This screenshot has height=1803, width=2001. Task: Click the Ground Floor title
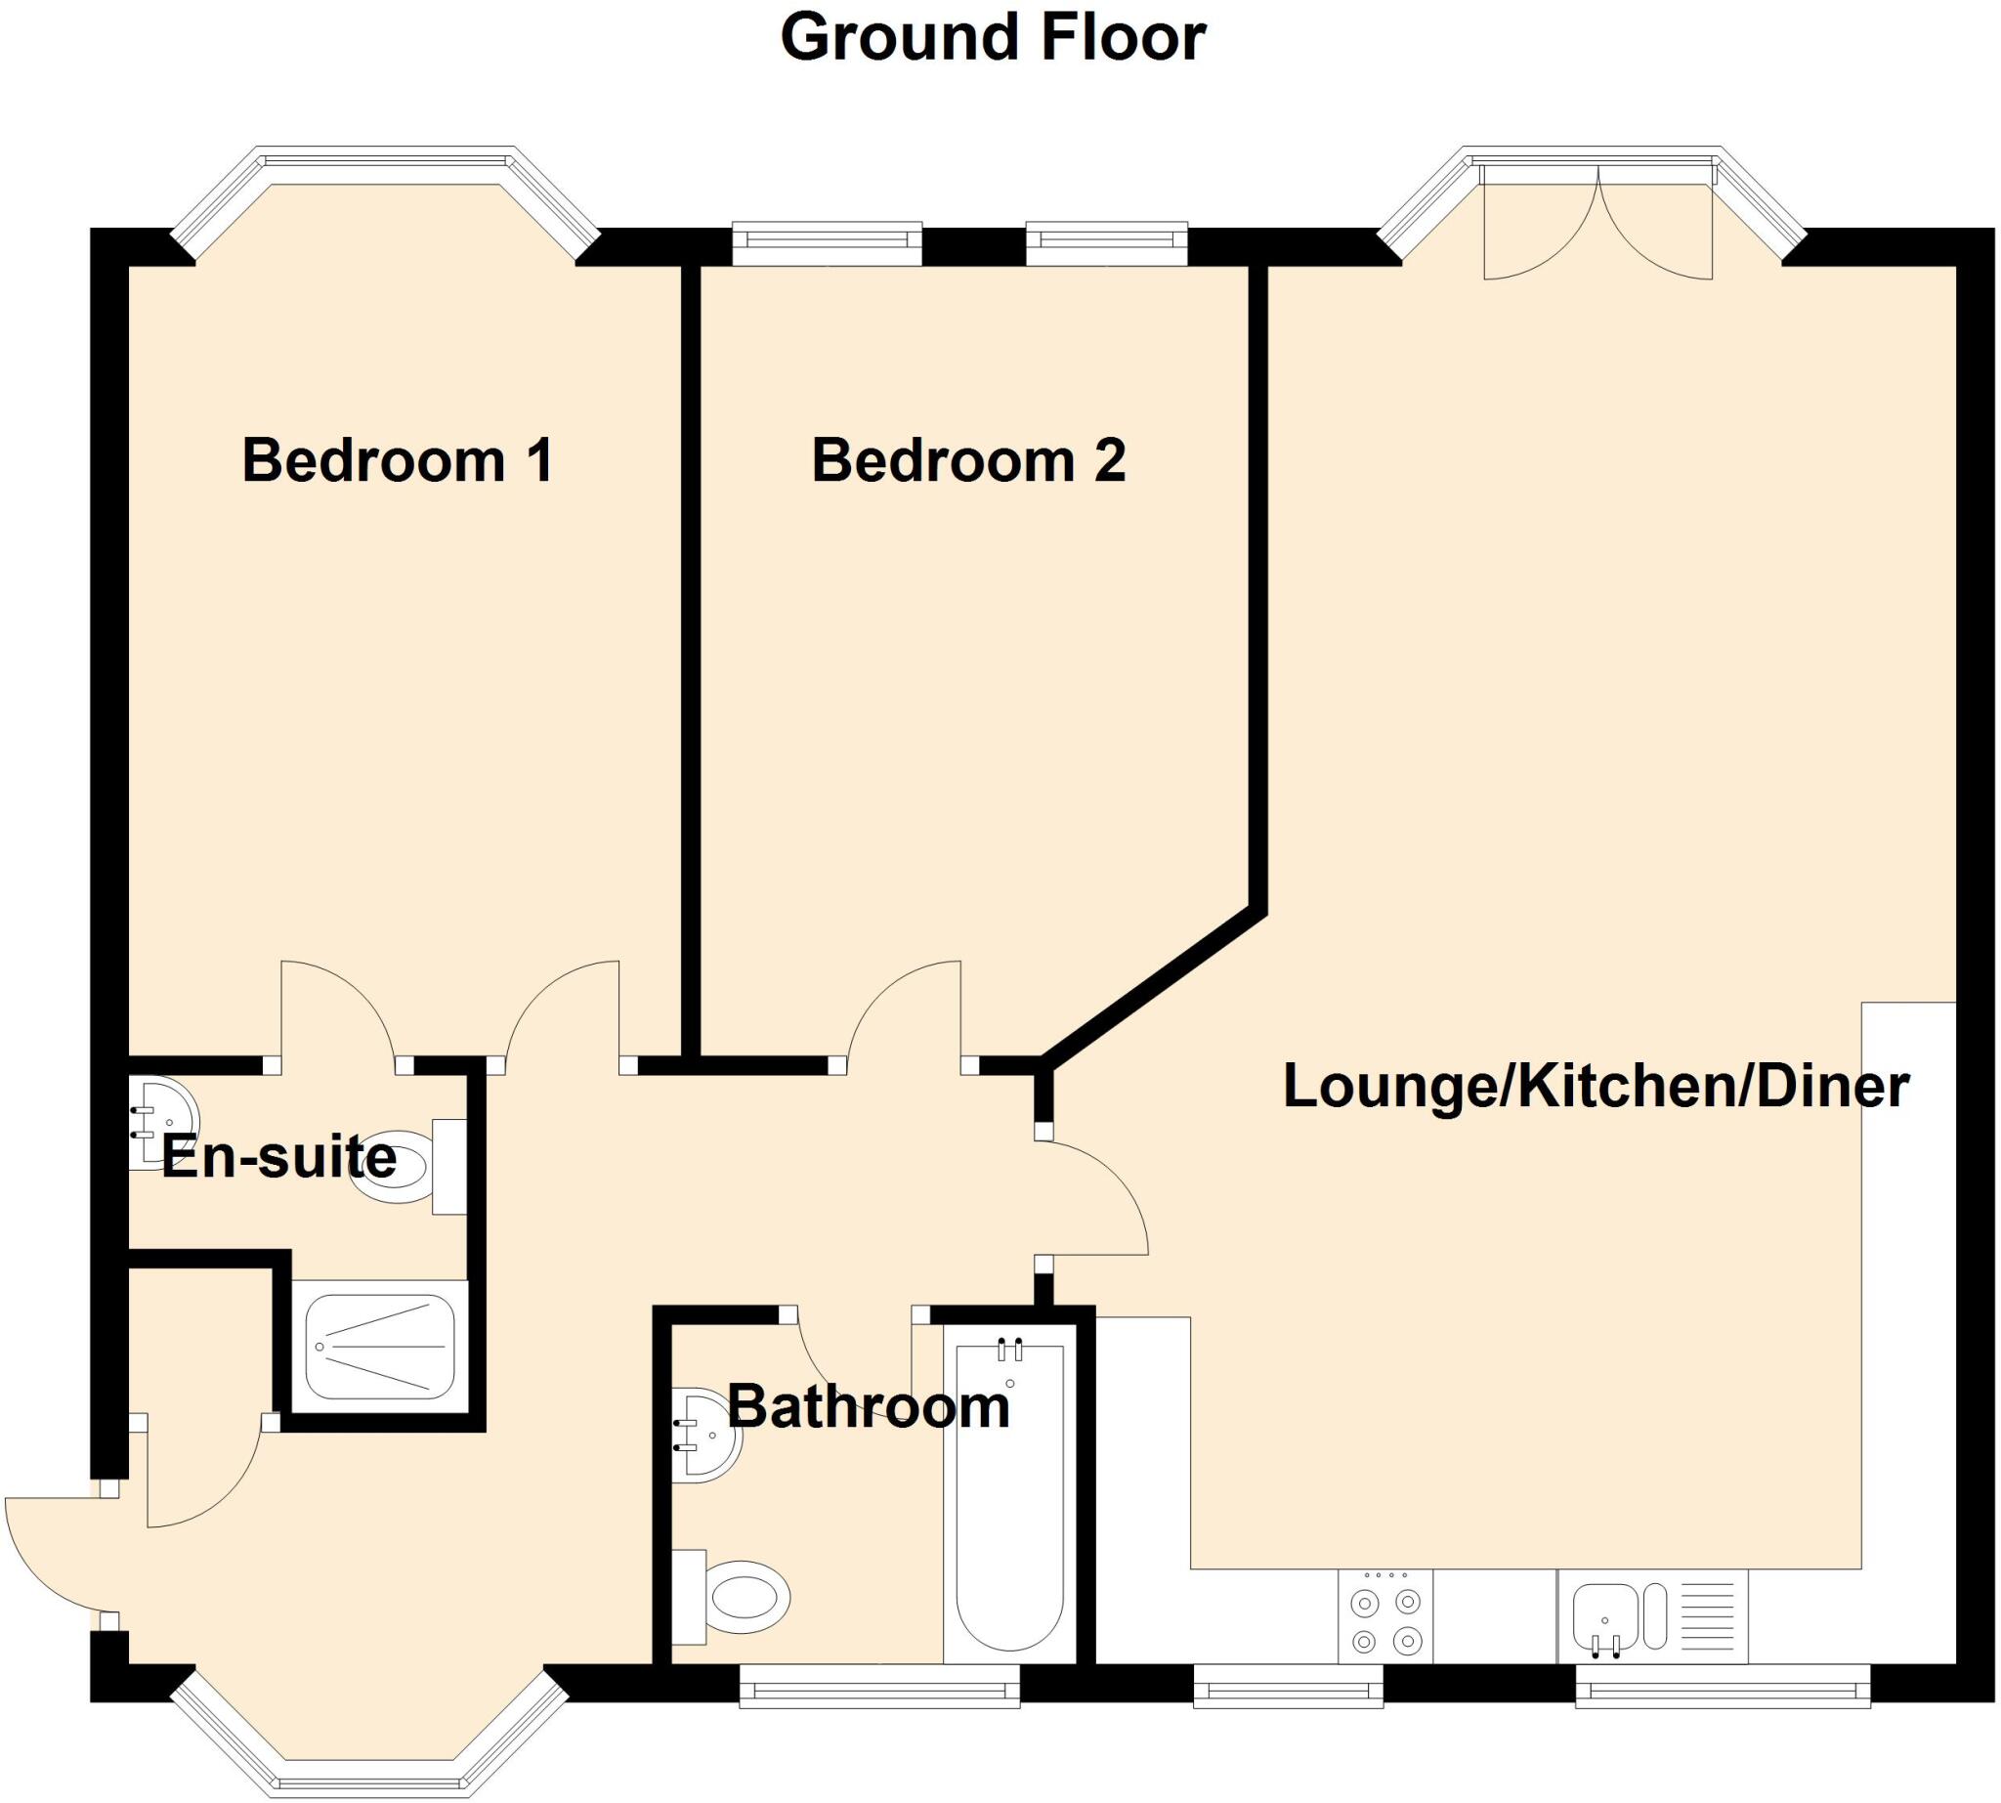(993, 38)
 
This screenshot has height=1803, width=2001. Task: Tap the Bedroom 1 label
(398, 460)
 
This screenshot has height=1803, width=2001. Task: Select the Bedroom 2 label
(968, 460)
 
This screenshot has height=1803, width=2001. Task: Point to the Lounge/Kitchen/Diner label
(1596, 1087)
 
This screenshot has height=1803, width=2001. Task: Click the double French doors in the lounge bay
(1597, 224)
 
